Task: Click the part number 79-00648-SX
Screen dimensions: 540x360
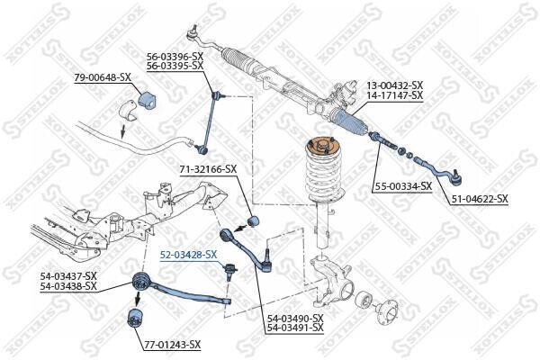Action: [x=103, y=77]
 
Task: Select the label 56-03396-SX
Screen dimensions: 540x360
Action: [x=175, y=56]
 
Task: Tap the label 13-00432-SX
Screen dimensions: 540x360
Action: [x=394, y=85]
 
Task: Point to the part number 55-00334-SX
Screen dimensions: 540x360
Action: [x=403, y=186]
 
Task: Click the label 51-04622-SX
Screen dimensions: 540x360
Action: [x=479, y=199]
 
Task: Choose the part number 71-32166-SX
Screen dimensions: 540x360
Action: [x=208, y=169]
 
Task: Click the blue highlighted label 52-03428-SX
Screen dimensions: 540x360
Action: [x=189, y=255]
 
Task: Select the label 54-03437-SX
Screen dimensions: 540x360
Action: [x=68, y=276]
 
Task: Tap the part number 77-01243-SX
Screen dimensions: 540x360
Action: [x=172, y=344]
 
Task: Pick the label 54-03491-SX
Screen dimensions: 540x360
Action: [x=295, y=328]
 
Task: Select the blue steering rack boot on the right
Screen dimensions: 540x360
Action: [x=349, y=122]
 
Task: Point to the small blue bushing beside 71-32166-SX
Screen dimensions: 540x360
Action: [x=254, y=220]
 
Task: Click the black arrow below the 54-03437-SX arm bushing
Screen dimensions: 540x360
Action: [x=138, y=298]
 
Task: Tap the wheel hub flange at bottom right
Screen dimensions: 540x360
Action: [x=387, y=314]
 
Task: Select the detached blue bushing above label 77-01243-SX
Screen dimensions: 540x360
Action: [x=135, y=319]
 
